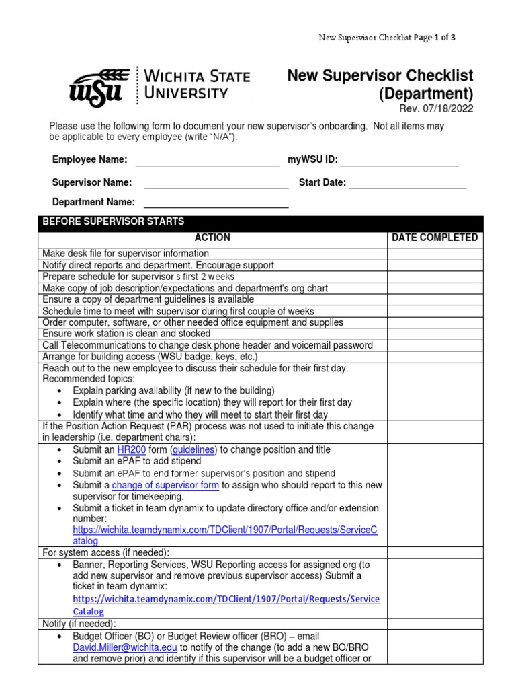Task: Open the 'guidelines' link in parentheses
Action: pos(193,449)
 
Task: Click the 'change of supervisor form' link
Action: pos(165,484)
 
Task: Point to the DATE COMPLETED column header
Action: pos(435,238)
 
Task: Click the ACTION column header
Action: pos(212,238)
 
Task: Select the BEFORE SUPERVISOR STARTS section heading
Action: pos(114,221)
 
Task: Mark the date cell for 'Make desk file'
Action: pos(435,254)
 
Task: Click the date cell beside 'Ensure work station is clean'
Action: pos(435,334)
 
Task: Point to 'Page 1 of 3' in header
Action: pos(435,38)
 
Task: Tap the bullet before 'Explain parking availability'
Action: pos(61,391)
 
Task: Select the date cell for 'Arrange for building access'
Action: pos(435,357)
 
